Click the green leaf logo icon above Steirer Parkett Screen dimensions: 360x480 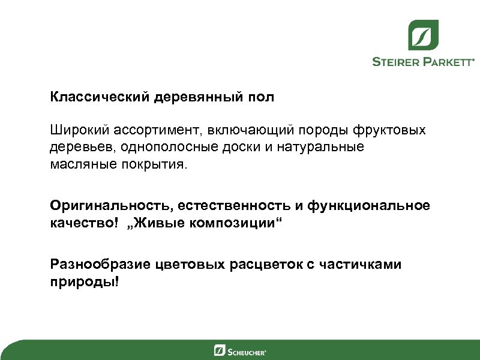point(424,35)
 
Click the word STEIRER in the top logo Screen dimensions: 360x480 point(398,61)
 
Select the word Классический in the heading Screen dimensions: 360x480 point(101,97)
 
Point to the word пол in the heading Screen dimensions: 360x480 point(262,97)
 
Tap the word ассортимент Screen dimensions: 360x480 point(154,130)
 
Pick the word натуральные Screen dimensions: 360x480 point(320,147)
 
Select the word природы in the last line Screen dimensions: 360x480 point(84,281)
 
